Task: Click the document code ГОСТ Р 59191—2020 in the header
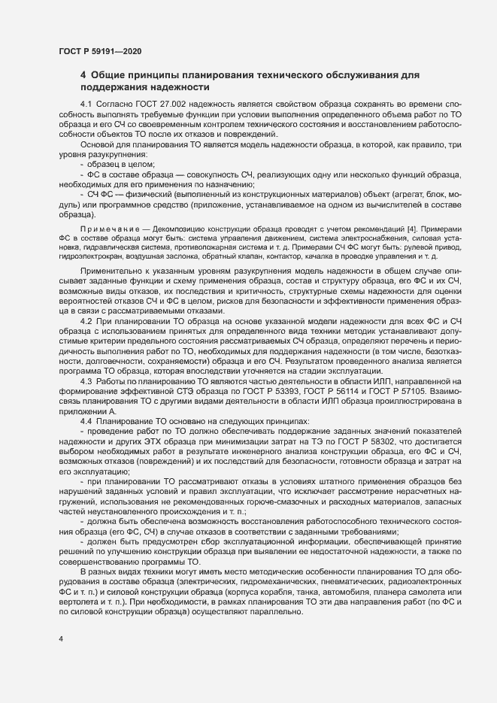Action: [x=98, y=51]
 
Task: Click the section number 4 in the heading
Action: [x=83, y=76]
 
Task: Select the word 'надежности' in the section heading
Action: [x=189, y=88]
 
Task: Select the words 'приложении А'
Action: [x=88, y=412]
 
